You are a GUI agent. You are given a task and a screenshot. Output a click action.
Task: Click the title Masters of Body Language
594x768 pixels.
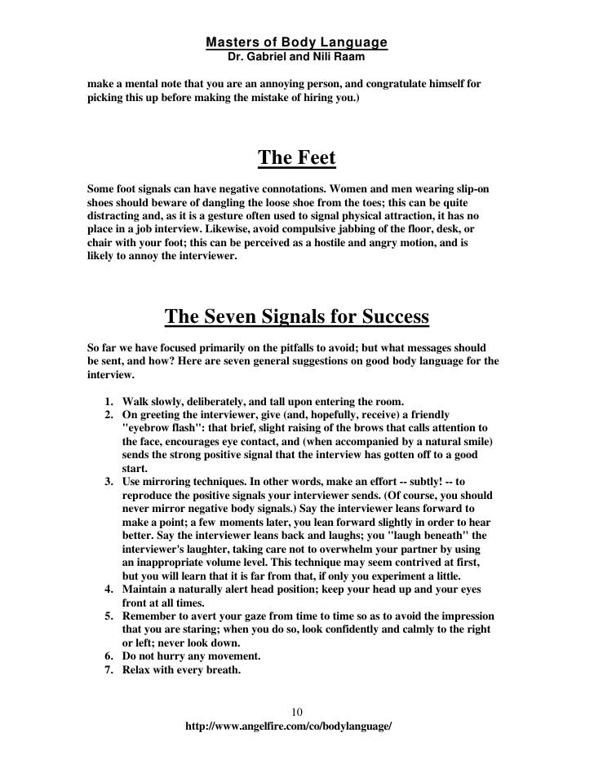pos(296,42)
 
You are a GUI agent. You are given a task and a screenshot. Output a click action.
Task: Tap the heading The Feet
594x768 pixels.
pos(296,157)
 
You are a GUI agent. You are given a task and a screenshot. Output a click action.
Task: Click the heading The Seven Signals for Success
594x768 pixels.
pos(296,316)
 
